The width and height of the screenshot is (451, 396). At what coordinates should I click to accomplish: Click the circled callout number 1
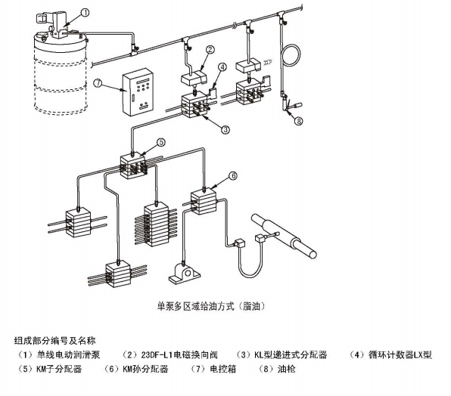pyautogui.click(x=86, y=12)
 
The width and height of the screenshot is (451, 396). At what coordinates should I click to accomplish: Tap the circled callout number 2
pyautogui.click(x=210, y=50)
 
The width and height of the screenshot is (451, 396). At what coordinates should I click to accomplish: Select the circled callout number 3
pyautogui.click(x=225, y=130)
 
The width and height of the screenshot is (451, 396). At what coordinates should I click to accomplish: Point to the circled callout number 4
pyautogui.click(x=222, y=67)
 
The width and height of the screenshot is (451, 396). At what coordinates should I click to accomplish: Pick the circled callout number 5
pyautogui.click(x=160, y=142)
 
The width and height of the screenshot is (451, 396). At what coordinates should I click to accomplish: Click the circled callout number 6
pyautogui.click(x=233, y=175)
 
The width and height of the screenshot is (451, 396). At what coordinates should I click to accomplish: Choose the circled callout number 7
pyautogui.click(x=98, y=83)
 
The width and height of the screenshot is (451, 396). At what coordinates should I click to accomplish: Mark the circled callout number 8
pyautogui.click(x=299, y=122)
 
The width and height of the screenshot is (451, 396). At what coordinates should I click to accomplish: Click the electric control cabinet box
pyautogui.click(x=138, y=92)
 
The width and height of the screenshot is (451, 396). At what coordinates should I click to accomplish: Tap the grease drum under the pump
pyautogui.click(x=61, y=72)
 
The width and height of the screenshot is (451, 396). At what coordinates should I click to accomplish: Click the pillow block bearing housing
pyautogui.click(x=185, y=271)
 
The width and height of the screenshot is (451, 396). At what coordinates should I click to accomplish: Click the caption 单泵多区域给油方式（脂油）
pyautogui.click(x=211, y=306)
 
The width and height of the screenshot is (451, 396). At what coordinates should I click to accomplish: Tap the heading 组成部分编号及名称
pyautogui.click(x=54, y=341)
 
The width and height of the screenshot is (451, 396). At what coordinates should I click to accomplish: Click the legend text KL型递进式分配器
pyautogui.click(x=291, y=355)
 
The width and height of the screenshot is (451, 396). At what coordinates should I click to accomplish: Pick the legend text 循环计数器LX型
pyautogui.click(x=400, y=355)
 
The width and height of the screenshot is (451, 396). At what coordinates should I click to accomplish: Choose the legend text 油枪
pyautogui.click(x=287, y=369)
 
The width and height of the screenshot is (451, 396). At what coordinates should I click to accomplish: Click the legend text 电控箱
pyautogui.click(x=223, y=369)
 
